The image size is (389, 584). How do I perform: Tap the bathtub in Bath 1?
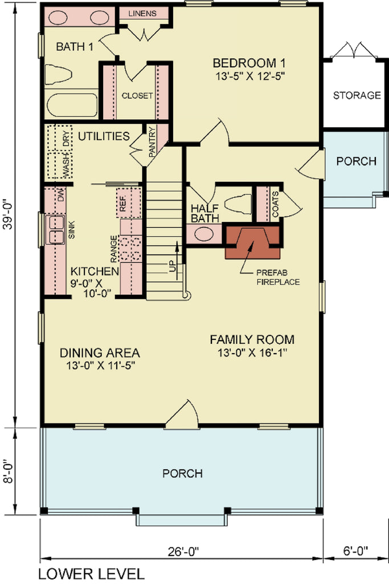(x=72, y=105)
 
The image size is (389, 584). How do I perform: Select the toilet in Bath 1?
(x=58, y=74)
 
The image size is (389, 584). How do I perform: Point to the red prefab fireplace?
(x=253, y=242)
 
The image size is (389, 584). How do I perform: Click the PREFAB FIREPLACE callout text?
(x=278, y=278)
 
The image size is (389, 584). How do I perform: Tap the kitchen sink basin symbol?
(x=55, y=229)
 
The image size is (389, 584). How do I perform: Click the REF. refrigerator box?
(x=129, y=202)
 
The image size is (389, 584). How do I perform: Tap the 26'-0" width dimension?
(x=183, y=551)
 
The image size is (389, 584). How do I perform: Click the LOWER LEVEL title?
(x=92, y=574)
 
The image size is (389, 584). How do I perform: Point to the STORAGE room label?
(x=357, y=95)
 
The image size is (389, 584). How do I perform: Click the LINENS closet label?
(x=142, y=14)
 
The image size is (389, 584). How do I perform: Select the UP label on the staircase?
(x=172, y=266)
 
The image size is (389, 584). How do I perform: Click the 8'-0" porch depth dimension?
(x=9, y=472)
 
